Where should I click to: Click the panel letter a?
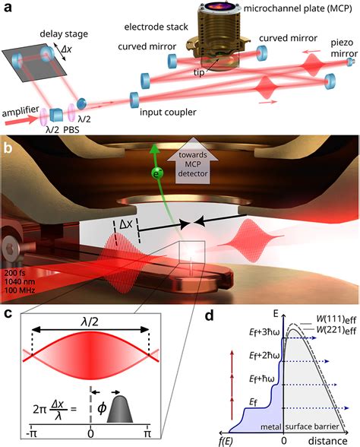pyautogui.click(x=8, y=9)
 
